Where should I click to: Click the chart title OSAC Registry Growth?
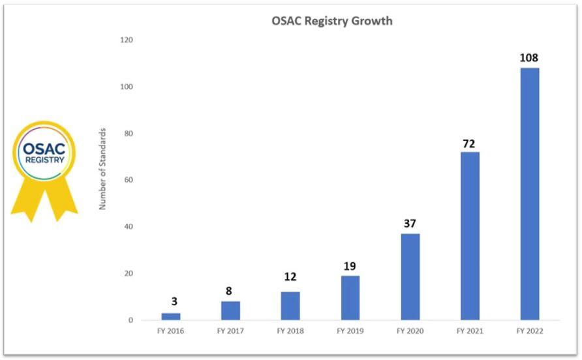(331, 21)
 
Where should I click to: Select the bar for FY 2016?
(171, 316)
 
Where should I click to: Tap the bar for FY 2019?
(350, 297)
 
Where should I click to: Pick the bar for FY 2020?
(410, 277)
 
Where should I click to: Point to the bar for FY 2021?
(470, 235)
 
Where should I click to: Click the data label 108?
(528, 58)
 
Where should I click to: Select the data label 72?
(469, 143)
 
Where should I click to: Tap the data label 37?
(410, 224)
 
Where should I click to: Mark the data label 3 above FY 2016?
(174, 301)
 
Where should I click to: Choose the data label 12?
(290, 277)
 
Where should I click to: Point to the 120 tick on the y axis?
(127, 40)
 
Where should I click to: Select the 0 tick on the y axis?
(130, 320)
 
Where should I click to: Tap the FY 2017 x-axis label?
(230, 331)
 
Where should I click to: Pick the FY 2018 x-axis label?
(290, 331)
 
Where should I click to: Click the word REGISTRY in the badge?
(43, 158)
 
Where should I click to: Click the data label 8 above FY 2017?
(229, 291)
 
